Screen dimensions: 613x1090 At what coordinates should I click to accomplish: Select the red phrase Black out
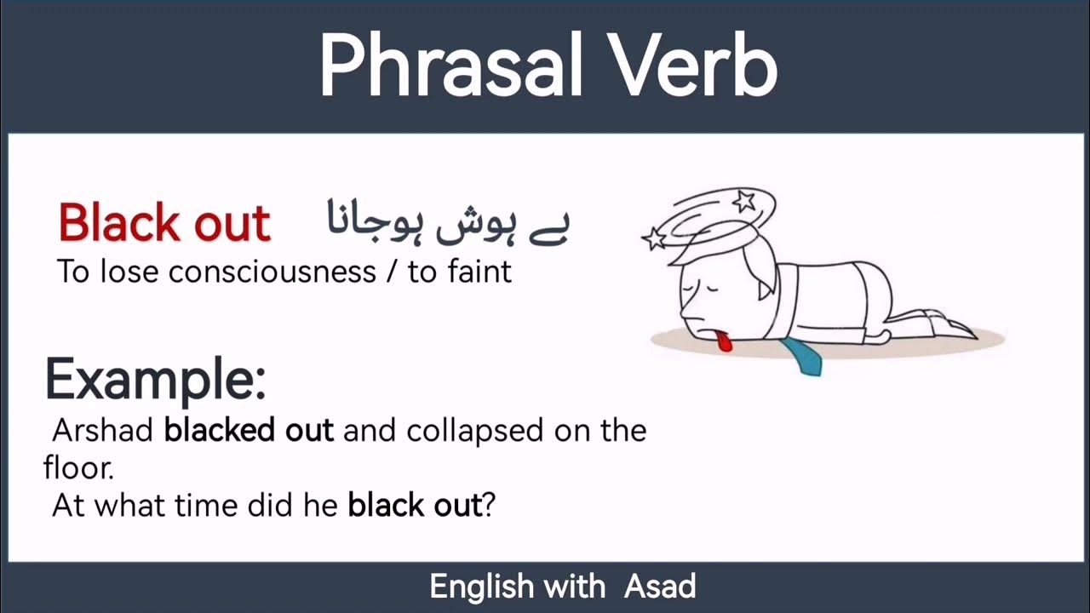coord(164,223)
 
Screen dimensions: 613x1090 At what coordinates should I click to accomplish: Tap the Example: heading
coord(155,380)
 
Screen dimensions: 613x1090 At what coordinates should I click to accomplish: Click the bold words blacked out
coord(248,431)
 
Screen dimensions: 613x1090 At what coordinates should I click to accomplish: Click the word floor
coord(77,467)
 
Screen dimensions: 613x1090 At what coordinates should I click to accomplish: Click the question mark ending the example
coord(489,506)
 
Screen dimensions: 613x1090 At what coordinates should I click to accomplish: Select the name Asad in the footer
coord(660,587)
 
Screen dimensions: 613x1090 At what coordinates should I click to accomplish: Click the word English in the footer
coord(482,587)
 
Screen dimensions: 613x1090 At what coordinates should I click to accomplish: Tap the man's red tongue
coord(724,343)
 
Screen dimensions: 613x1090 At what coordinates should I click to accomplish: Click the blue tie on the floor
coord(802,356)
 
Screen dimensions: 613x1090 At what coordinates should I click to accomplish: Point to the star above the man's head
coord(745,202)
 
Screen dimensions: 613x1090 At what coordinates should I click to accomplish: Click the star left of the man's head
coord(654,238)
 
